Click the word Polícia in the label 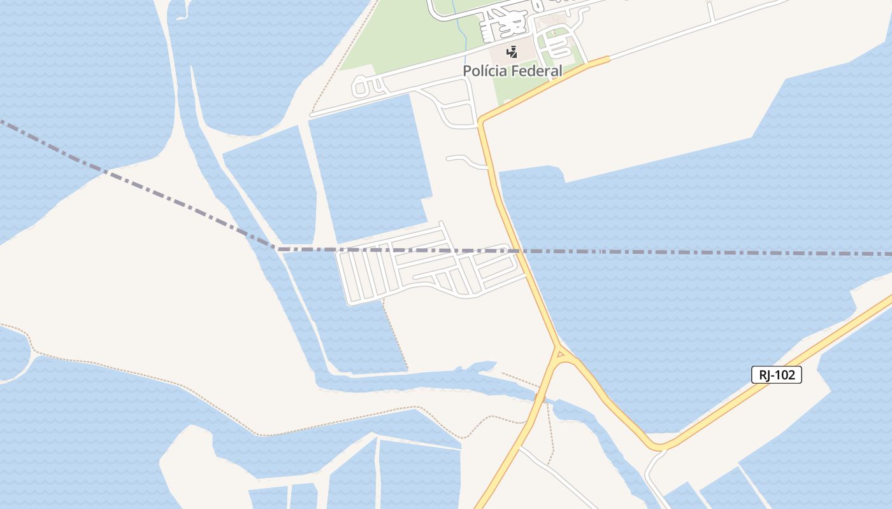pyautogui.click(x=486, y=71)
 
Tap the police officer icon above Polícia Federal pyautogui.click(x=512, y=52)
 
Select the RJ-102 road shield pyautogui.click(x=777, y=375)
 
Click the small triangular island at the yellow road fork pyautogui.click(x=560, y=354)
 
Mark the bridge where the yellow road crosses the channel pyautogui.click(x=540, y=399)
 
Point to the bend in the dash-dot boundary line pyautogui.click(x=276, y=248)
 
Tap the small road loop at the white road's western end pyautogui.click(x=360, y=86)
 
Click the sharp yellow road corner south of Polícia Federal pyautogui.click(x=482, y=122)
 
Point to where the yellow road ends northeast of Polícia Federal pyautogui.click(x=608, y=59)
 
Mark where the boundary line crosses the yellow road pyautogui.click(x=520, y=251)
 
